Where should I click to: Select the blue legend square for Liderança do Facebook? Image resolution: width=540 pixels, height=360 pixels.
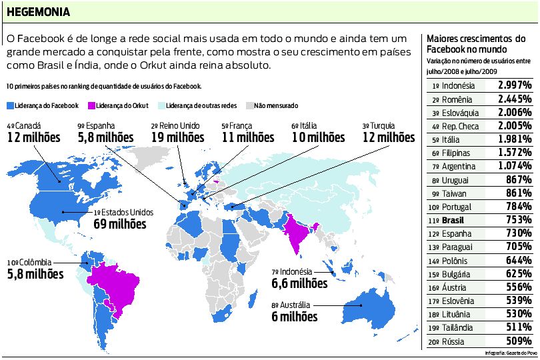10,105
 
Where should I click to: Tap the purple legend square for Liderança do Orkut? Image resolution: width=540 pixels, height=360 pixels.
91,105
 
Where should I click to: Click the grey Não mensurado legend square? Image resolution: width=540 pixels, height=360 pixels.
250,105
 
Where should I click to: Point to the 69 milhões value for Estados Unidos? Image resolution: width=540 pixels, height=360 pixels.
120,224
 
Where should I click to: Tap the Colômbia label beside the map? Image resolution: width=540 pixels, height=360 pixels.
36,263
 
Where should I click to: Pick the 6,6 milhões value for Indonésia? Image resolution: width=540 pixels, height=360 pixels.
299,283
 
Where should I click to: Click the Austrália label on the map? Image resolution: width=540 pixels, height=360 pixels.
299,305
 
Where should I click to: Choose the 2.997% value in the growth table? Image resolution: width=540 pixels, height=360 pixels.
514,85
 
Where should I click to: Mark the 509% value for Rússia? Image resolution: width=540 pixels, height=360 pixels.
518,341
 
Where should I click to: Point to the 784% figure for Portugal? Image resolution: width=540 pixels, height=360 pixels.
518,207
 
